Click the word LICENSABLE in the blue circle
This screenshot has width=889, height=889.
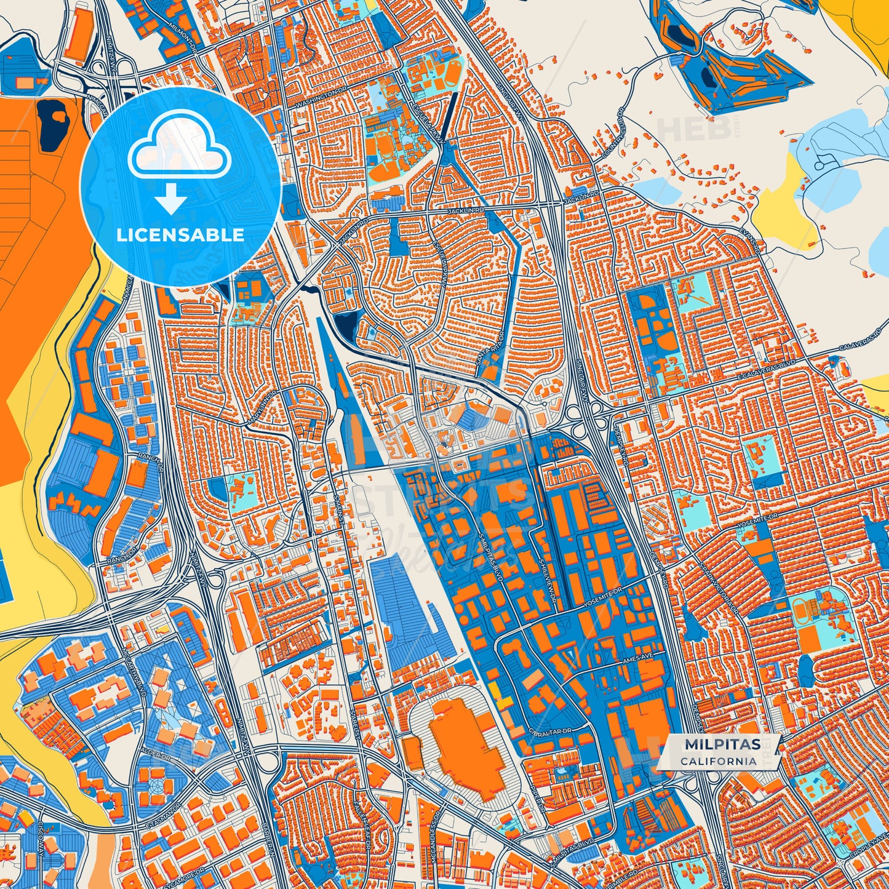click(181, 235)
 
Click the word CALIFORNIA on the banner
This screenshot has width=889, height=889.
click(719, 761)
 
